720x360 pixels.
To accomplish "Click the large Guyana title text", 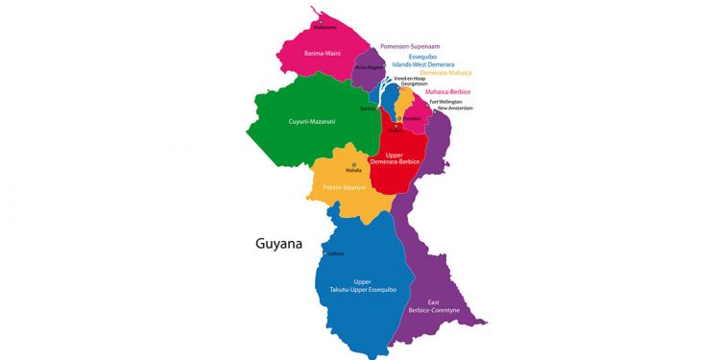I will pyautogui.click(x=278, y=243).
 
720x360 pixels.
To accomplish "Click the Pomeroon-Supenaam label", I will pyautogui.click(x=423, y=46).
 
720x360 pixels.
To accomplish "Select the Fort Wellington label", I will pyautogui.click(x=445, y=102).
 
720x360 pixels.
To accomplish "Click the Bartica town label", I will pyautogui.click(x=368, y=109).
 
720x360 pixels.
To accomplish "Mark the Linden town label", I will pyautogui.click(x=396, y=131).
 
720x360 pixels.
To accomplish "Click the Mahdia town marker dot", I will pyautogui.click(x=354, y=165).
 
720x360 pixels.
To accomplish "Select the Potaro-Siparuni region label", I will pyautogui.click(x=347, y=189).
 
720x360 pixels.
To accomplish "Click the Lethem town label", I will pyautogui.click(x=335, y=253).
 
